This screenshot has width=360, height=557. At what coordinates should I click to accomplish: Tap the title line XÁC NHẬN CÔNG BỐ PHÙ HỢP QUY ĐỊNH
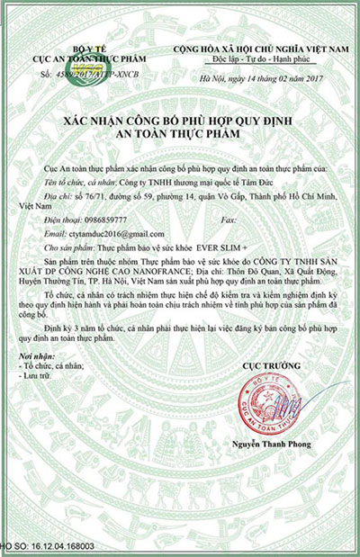point(179,120)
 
